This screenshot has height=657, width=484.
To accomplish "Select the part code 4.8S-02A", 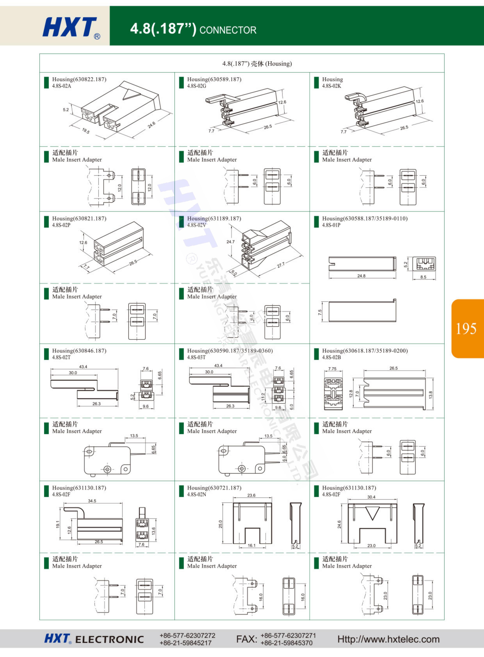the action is tap(62, 86).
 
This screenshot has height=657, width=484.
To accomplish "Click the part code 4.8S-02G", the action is tap(197, 86).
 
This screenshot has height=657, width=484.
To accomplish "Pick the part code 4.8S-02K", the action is tap(332, 86).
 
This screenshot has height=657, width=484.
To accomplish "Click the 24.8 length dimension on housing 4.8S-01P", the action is tap(361, 276).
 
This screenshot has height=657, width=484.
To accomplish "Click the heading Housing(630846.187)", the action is tap(79, 351).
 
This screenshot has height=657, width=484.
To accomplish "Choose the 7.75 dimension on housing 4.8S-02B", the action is tap(332, 369).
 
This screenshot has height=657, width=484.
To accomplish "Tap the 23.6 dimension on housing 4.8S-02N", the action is tap(251, 495).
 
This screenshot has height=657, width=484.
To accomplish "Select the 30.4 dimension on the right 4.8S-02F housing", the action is tap(371, 497).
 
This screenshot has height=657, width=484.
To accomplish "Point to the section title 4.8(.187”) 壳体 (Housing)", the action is tap(257, 64).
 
